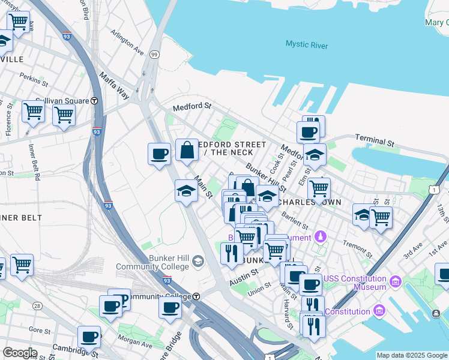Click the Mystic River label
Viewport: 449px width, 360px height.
(x=306, y=44)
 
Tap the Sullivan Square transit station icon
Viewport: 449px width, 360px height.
(x=94, y=101)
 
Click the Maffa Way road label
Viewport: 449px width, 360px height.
(x=113, y=86)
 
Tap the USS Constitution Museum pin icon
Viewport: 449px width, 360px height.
(x=396, y=281)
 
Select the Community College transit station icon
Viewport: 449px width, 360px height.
(x=196, y=296)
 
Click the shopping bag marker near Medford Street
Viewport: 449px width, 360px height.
(x=187, y=151)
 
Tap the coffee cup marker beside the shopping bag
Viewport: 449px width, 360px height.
(x=159, y=154)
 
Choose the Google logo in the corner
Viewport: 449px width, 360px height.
(x=20, y=352)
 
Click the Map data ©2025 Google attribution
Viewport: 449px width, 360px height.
(x=412, y=355)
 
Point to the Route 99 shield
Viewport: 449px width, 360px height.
(x=154, y=55)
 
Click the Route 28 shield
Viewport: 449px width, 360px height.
(x=37, y=306)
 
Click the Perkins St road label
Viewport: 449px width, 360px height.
(x=34, y=79)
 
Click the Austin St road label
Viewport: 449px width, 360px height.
(x=244, y=277)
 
